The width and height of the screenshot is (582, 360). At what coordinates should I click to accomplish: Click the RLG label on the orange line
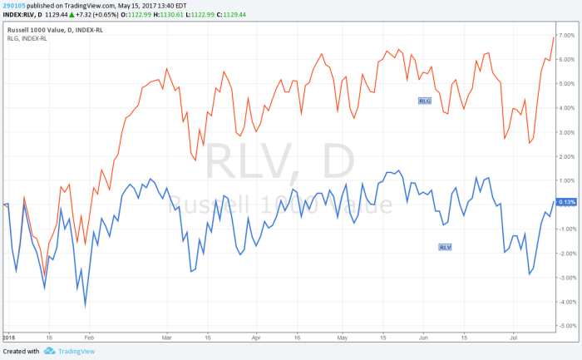[426, 100]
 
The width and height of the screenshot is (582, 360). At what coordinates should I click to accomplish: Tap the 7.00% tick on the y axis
[568, 36]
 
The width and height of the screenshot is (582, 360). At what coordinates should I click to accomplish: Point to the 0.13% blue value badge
[568, 202]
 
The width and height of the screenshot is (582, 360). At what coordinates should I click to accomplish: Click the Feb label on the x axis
[89, 339]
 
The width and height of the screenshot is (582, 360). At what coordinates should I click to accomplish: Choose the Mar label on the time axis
[167, 339]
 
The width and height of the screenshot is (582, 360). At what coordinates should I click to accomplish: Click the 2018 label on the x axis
[9, 339]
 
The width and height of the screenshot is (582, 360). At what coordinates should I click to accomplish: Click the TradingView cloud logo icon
[50, 352]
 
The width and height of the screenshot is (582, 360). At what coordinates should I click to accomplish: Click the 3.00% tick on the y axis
[568, 132]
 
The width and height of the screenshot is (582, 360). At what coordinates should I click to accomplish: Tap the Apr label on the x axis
[255, 339]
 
